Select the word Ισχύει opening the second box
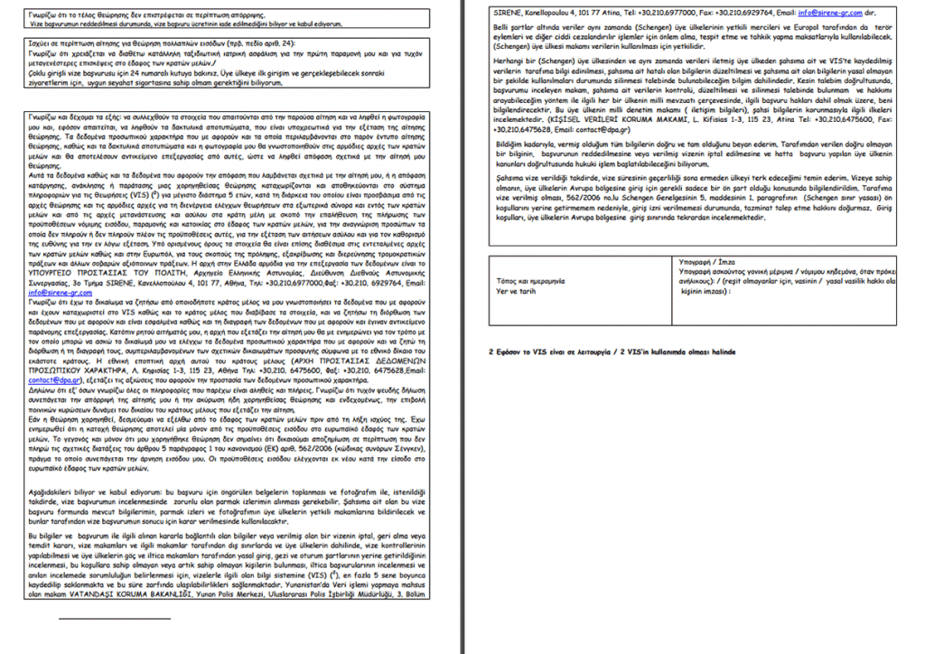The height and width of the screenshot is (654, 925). [x=40, y=42]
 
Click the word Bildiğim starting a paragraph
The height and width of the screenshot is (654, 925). [x=510, y=143]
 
